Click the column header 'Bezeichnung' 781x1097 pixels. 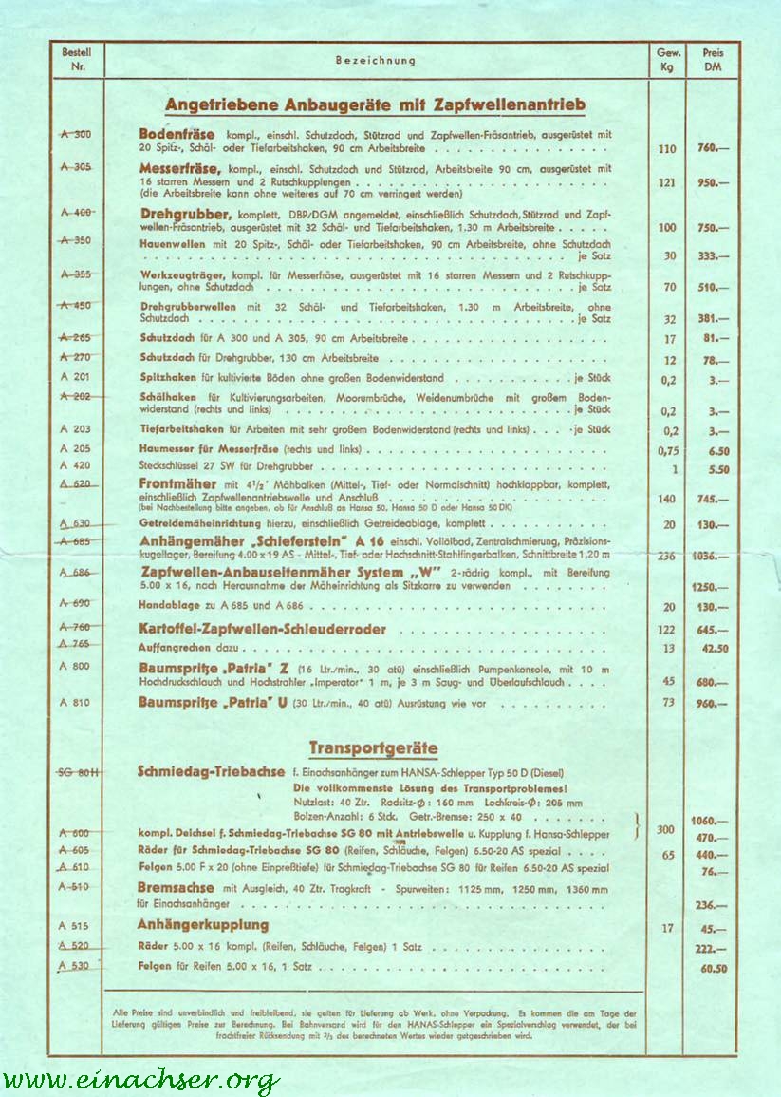pyautogui.click(x=375, y=61)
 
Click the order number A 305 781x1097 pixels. pyautogui.click(x=76, y=166)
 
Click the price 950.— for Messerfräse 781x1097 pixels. pyautogui.click(x=713, y=181)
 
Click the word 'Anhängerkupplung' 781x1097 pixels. pyautogui.click(x=203, y=925)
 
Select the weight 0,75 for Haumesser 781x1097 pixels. pyautogui.click(x=669, y=451)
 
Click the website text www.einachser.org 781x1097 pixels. pyautogui.click(x=140, y=1080)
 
